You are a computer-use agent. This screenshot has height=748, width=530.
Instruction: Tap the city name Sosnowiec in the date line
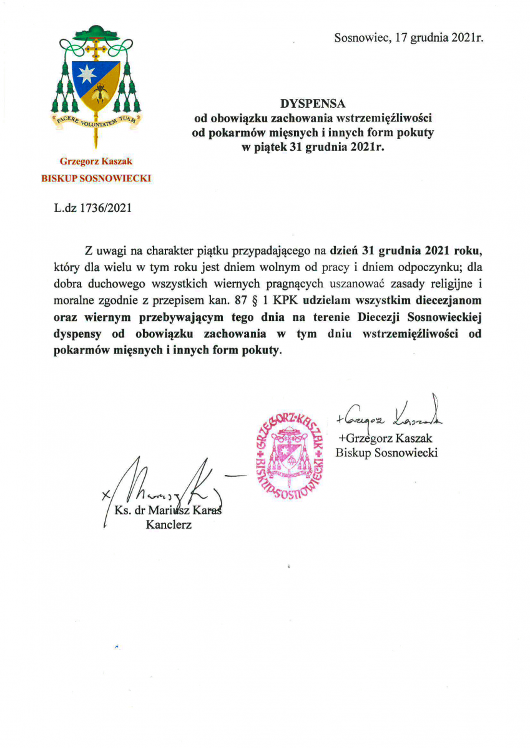pos(358,38)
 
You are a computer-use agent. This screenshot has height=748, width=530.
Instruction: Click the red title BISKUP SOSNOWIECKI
pos(96,178)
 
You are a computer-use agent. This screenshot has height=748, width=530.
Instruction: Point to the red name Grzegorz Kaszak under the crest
pos(96,161)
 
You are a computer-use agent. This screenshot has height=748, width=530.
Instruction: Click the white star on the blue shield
pos(86,74)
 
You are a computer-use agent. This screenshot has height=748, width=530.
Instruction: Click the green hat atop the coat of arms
pos(96,31)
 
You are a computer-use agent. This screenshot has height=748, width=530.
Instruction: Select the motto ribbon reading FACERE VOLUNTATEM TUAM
pos(96,120)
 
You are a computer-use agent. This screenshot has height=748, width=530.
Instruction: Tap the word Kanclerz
pos(169,525)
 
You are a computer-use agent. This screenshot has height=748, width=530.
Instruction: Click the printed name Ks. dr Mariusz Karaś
pos(169,511)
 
